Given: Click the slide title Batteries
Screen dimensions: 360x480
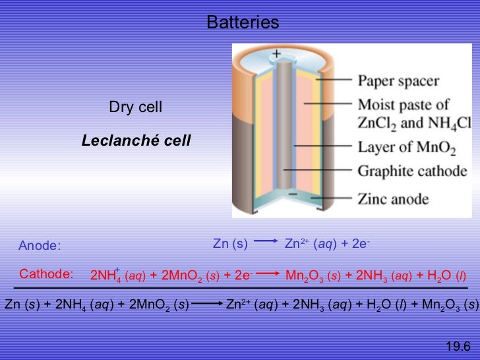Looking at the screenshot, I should point(243,23).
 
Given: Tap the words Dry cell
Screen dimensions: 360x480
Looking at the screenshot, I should point(136,107).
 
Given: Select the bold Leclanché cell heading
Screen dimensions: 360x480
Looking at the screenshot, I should point(136,140).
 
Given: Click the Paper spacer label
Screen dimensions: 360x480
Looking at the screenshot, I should point(398,82).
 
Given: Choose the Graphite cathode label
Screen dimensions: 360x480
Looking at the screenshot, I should point(412,171).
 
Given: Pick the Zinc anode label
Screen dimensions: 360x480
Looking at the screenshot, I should point(393,198).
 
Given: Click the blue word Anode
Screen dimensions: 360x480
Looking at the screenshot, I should point(39,246).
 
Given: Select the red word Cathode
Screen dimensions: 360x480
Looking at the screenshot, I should point(45,274).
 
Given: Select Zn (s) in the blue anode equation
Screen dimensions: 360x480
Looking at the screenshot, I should point(230,243).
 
